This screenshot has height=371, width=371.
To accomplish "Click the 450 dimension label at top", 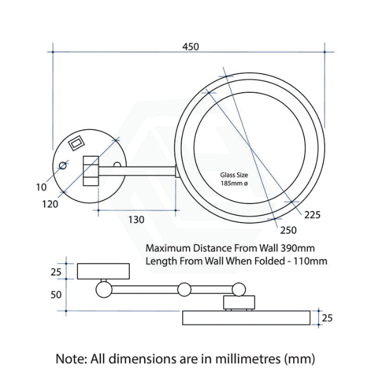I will (190, 46).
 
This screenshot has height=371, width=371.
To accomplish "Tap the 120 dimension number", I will (50, 203).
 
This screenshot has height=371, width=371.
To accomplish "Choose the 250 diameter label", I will (288, 230).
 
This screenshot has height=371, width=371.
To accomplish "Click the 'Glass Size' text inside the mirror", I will (234, 175).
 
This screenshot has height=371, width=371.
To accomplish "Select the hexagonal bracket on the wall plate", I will (91, 171).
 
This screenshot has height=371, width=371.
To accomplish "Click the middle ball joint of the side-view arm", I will (184, 290).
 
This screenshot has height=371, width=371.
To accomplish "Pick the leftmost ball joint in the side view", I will (104, 290).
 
